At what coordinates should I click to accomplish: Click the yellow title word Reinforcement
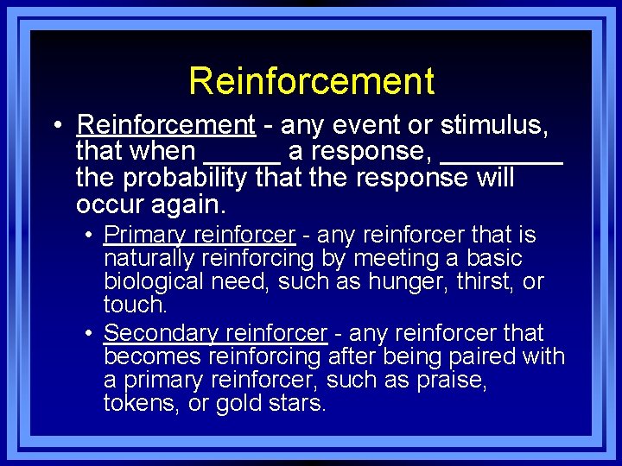click(311, 81)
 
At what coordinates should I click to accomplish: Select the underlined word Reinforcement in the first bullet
click(166, 126)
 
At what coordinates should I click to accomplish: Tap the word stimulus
click(493, 126)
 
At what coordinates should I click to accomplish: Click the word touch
click(133, 305)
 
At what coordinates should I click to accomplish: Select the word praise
click(455, 380)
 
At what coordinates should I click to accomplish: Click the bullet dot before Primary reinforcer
click(90, 235)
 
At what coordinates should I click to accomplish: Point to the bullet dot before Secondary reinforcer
click(90, 333)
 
